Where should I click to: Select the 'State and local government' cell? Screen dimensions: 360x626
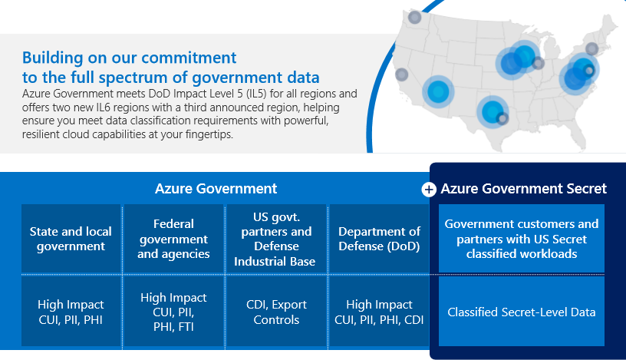[71, 239]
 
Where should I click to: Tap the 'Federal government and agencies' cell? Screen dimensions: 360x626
[173, 239]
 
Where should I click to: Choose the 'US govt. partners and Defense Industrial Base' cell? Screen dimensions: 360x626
[276, 239]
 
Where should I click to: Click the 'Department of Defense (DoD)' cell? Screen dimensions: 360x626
[379, 239]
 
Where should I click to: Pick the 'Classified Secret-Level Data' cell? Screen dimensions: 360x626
[522, 312]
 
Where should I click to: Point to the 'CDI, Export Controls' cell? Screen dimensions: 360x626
[276, 312]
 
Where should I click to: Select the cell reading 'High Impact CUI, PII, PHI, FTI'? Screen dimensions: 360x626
[173, 312]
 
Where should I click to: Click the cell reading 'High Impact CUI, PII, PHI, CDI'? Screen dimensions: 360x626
[379, 312]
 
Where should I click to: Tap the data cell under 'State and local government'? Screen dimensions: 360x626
[71, 312]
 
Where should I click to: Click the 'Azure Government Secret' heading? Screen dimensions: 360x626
[523, 189]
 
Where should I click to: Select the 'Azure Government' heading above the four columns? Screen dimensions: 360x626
[216, 189]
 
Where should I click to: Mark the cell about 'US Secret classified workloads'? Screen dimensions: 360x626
[522, 239]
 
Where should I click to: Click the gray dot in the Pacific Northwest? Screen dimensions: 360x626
[415, 17]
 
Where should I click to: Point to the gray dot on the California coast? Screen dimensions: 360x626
[402, 75]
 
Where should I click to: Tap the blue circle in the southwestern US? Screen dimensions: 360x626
[438, 91]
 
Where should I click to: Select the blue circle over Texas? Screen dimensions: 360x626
[491, 111]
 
